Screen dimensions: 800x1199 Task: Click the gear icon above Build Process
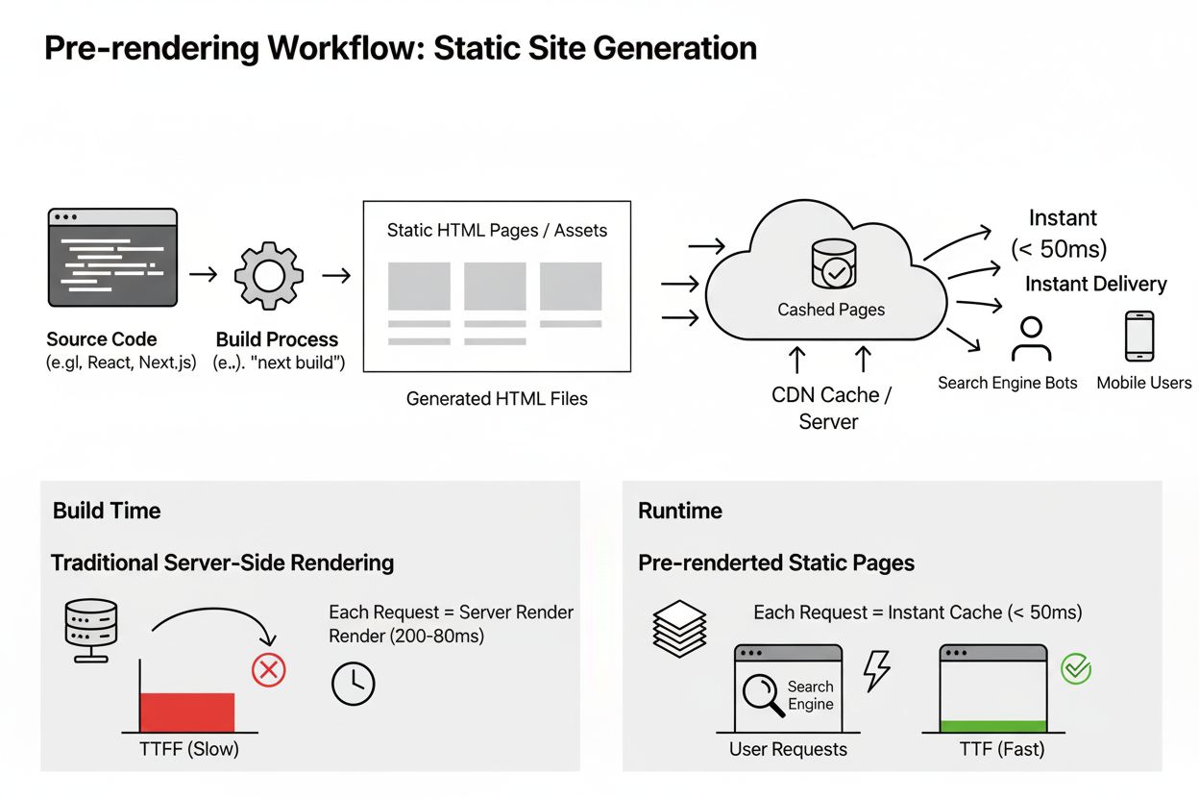[x=268, y=276]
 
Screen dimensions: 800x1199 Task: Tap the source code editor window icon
[x=112, y=257]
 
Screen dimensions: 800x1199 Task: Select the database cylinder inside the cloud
[x=834, y=263]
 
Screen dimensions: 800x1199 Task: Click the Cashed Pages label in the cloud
[x=831, y=310]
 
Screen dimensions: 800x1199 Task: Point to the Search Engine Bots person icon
[x=1032, y=338]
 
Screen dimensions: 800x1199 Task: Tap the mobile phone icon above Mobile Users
[x=1139, y=337]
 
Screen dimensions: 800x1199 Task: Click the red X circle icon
[x=269, y=669]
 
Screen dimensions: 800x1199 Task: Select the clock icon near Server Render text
[x=353, y=683]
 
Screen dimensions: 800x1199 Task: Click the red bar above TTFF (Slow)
[x=187, y=712]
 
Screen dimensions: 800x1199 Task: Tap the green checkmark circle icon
[x=1076, y=668]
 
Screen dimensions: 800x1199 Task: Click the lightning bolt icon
[x=876, y=670]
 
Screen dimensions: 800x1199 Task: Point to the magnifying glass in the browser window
[x=762, y=693]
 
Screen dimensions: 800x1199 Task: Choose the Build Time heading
[x=107, y=511]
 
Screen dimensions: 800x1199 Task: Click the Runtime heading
[x=680, y=511]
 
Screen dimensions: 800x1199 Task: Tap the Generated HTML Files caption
[x=497, y=398]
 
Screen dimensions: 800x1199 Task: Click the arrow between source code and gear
[x=204, y=276]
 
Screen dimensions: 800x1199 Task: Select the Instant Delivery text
[x=1095, y=284]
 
